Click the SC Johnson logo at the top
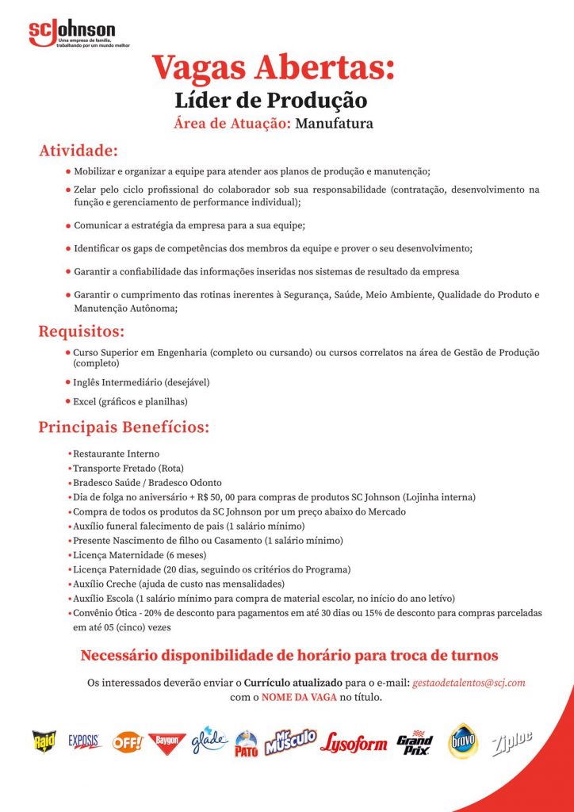tap(72, 33)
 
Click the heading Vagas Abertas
tap(273, 67)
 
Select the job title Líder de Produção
tap(270, 101)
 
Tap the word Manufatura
tap(334, 124)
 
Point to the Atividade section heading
tap(78, 151)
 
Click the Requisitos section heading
tap(82, 330)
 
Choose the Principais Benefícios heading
tap(124, 428)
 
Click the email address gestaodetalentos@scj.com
tap(469, 682)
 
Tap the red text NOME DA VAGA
tap(300, 698)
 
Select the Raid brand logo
tap(44, 741)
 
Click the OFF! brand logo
tap(127, 742)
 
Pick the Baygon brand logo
tap(166, 742)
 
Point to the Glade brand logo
tap(209, 740)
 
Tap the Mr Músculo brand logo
tap(290, 741)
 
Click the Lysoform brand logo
tap(354, 743)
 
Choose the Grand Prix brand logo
tap(415, 743)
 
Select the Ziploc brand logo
tap(512, 742)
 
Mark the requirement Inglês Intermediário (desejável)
tap(141, 382)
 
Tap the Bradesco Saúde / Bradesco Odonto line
tap(147, 483)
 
